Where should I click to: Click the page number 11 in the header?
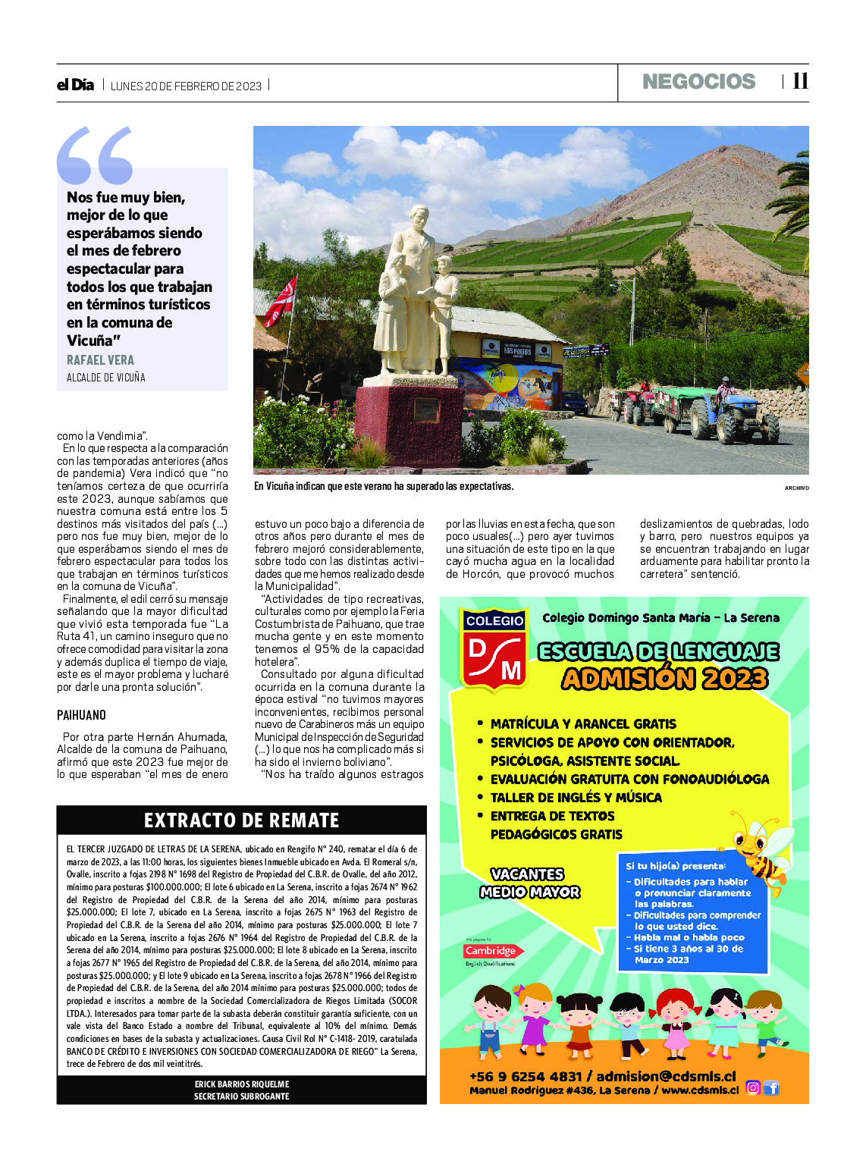[x=800, y=81]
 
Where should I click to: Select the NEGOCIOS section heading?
[x=698, y=82]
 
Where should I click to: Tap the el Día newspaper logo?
[x=75, y=85]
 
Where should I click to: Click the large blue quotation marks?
[x=95, y=155]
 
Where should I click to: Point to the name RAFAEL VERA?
[x=100, y=360]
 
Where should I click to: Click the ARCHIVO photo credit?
[x=796, y=488]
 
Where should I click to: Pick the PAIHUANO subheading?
[x=81, y=715]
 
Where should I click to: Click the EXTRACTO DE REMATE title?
[x=241, y=820]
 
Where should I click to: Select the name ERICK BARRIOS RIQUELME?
[x=241, y=1084]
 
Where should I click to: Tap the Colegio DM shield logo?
[x=494, y=649]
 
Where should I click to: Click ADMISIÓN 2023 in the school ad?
[x=664, y=678]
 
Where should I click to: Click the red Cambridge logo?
[x=490, y=951]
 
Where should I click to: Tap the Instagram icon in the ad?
[x=752, y=1088]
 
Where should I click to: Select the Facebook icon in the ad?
[x=771, y=1088]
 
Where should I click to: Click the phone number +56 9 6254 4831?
[x=525, y=1076]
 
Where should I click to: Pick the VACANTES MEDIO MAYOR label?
[x=529, y=883]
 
